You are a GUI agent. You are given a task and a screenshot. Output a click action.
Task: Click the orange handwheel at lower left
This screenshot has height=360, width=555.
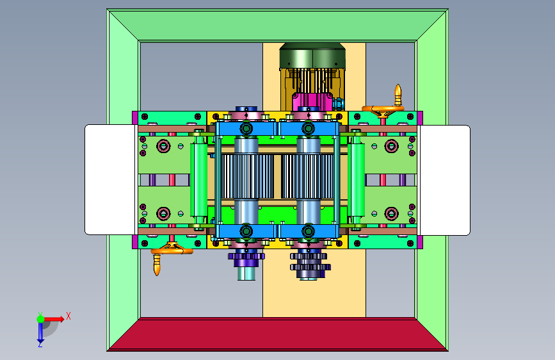172,250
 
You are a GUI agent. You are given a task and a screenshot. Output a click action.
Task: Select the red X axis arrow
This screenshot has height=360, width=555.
54,319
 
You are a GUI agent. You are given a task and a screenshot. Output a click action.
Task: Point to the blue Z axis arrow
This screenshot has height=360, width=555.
40,332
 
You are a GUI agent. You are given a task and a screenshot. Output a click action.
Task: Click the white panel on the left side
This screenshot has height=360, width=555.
110,179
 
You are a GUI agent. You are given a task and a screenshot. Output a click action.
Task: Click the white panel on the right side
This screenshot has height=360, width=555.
444,180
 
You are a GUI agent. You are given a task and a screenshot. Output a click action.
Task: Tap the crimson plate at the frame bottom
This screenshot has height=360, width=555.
278,334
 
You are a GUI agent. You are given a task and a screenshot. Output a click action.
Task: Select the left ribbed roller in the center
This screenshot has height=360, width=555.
246,176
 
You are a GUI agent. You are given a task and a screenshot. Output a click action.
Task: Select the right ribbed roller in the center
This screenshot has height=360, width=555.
308,176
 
